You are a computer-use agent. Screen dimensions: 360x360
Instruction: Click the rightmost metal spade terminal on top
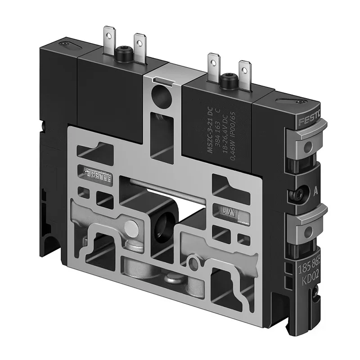click(244, 70)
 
